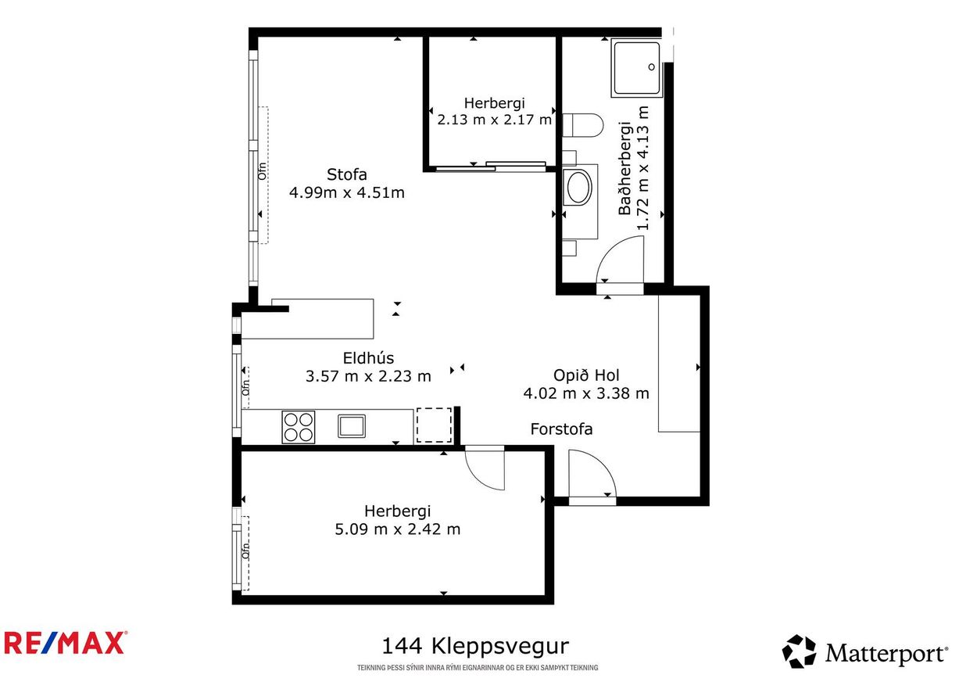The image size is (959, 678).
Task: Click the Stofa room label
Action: (x=347, y=174)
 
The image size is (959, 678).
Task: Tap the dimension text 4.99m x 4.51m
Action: (x=347, y=192)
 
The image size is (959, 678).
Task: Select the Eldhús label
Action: (x=368, y=357)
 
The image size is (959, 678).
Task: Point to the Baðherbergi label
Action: (x=625, y=168)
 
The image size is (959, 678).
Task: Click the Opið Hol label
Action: (x=586, y=375)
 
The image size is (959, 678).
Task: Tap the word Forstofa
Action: (x=561, y=429)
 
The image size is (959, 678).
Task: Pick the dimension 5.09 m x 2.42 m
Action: (x=397, y=529)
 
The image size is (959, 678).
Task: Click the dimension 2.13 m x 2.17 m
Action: (x=494, y=120)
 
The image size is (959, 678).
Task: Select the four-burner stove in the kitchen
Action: (x=299, y=427)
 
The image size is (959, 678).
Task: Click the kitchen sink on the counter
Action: (x=352, y=426)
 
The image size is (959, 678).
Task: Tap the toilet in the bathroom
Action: (x=582, y=126)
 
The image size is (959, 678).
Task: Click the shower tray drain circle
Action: (x=652, y=66)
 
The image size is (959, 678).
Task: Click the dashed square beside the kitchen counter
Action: (x=434, y=425)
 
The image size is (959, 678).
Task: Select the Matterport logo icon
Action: (x=800, y=651)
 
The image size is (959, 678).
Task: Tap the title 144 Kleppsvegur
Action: (x=475, y=646)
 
